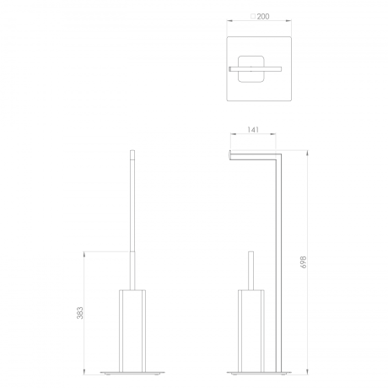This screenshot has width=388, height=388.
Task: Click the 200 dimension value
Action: pos(263,17)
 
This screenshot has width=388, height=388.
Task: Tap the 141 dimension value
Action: pos(253,130)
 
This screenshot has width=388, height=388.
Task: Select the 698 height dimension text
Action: pos(304,261)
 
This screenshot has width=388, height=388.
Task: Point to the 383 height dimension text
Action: pos(80,312)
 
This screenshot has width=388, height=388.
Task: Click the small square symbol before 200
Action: pos(253,17)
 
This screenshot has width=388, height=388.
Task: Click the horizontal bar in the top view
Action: pos(256,69)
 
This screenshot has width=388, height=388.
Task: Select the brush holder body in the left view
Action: pos(132,331)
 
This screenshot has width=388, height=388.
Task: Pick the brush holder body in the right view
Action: pos(251,331)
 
